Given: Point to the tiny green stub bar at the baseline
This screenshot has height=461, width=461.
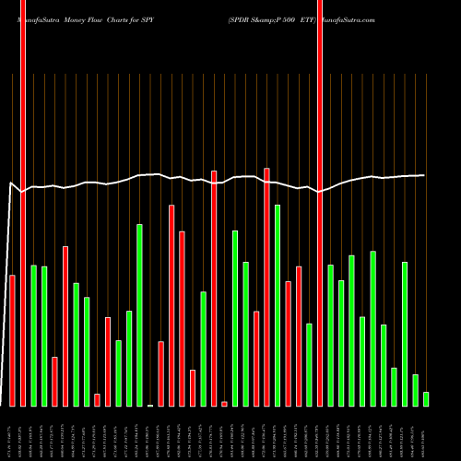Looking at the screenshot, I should point(150,405).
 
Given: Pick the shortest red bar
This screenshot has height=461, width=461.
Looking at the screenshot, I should point(224,404).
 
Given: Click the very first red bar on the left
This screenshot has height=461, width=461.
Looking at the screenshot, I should point(12,340).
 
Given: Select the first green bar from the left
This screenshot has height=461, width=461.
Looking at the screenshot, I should point(33,336).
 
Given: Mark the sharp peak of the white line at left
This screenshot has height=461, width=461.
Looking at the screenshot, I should point(10,183).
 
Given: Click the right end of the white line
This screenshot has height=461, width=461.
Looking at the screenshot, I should point(424,175).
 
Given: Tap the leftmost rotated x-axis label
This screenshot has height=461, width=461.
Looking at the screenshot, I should point(12,433).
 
